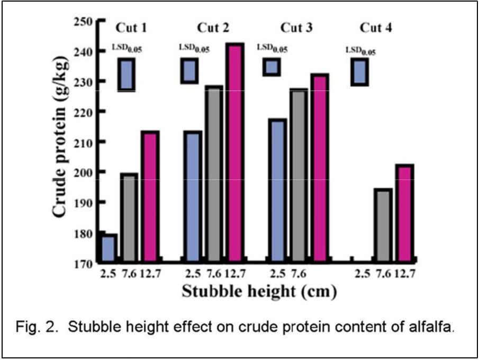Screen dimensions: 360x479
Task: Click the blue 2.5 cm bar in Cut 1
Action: tap(109, 248)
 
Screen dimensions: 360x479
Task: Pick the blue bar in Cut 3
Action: tap(277, 191)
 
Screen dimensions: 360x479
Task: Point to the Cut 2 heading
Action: tap(214, 28)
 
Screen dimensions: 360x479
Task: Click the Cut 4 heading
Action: tap(376, 28)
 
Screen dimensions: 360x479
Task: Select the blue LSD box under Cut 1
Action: tap(126, 74)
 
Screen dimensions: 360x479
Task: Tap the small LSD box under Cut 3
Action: tap(272, 67)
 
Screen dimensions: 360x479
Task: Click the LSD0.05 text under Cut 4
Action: tap(360, 51)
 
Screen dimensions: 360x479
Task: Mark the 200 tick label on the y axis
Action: tap(84, 173)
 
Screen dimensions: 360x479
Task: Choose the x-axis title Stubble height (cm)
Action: tap(259, 291)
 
